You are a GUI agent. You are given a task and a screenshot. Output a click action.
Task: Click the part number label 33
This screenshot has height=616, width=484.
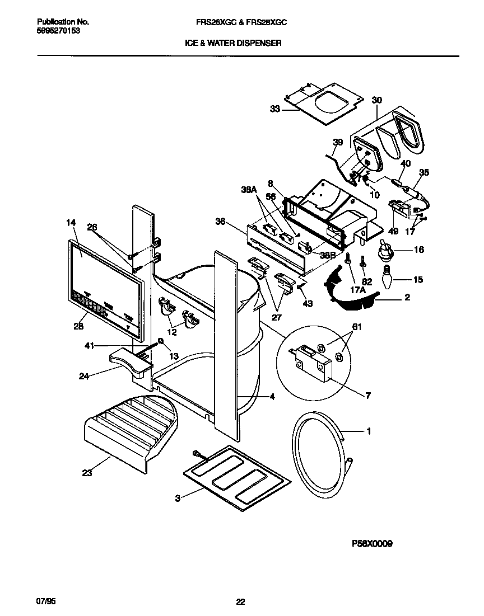(274, 110)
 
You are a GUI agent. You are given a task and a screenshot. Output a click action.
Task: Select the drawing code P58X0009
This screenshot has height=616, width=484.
(371, 543)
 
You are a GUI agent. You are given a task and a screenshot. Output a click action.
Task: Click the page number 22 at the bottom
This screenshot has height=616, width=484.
(240, 602)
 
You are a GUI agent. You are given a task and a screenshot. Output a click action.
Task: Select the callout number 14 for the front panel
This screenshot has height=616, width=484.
(70, 223)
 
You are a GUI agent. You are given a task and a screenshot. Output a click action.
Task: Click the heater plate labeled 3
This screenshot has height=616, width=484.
(238, 471)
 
